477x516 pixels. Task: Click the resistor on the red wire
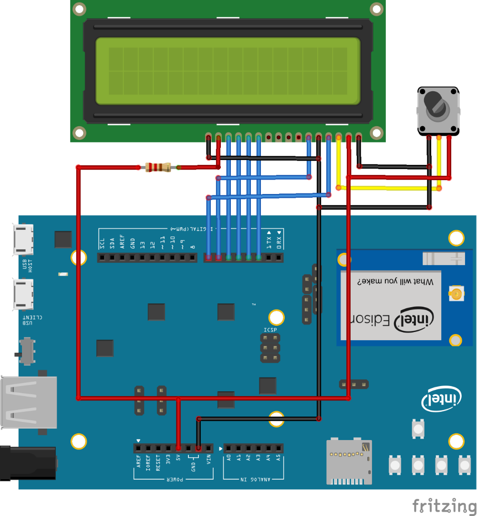coord(158,167)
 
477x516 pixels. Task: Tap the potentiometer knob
coord(436,106)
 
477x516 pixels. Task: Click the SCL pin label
coord(102,243)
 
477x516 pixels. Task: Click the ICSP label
coord(270,330)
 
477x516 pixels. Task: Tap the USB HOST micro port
coord(22,239)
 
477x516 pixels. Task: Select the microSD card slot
coord(349,461)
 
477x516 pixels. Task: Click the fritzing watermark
coord(443,505)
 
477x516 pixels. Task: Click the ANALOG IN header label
coord(253,479)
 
